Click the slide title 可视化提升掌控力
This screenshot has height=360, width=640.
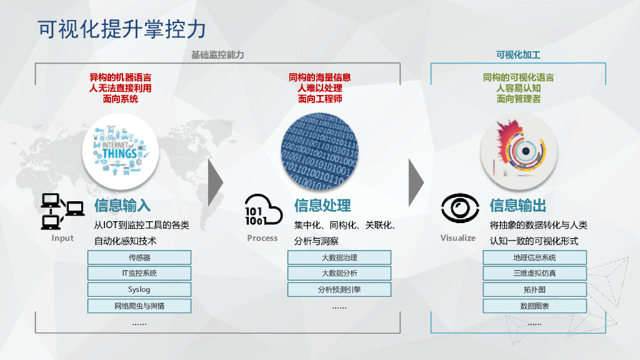121,29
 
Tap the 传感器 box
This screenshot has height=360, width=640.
139,257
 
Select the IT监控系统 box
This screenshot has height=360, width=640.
139,273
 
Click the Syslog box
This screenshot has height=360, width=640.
139,289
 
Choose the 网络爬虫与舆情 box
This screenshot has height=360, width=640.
139,306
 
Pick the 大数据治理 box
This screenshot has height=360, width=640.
339,257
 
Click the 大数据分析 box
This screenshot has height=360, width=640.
339,273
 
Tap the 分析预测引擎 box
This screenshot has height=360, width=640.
339,289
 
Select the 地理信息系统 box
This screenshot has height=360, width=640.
534,257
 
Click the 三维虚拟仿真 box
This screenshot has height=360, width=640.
534,273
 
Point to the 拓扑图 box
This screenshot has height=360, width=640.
534,289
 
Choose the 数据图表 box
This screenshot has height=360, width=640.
534,306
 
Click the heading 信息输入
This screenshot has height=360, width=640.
122,205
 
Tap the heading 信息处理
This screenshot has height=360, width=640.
322,205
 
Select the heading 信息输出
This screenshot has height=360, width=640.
518,205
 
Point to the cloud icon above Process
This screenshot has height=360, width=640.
263,210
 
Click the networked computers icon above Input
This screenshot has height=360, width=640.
62,211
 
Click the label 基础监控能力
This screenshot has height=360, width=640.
217,55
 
